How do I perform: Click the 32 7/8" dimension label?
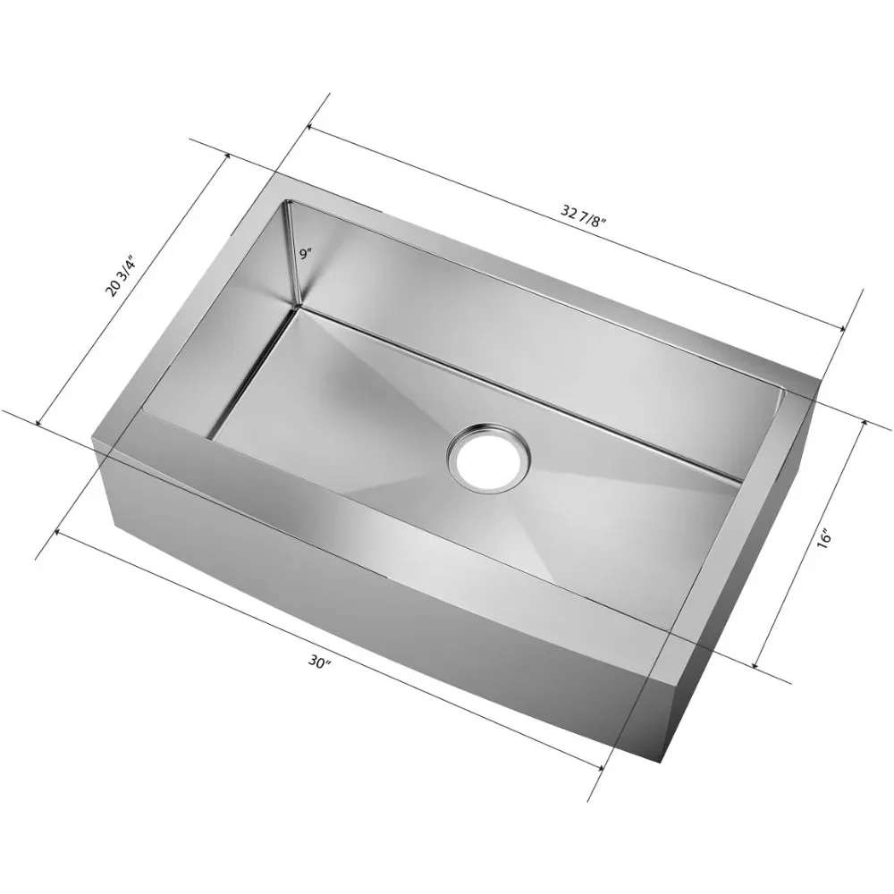pos(582,215)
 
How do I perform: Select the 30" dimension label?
pos(320,662)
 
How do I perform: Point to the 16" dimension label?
pos(825,538)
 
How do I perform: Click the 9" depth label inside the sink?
pos(306,255)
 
